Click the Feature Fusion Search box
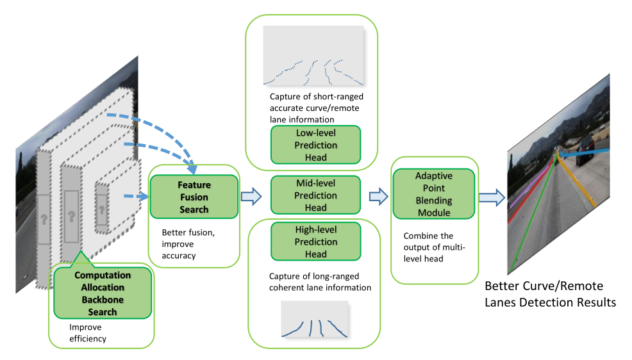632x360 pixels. (x=194, y=197)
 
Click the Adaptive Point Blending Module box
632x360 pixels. (x=433, y=193)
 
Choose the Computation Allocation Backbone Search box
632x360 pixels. (x=103, y=293)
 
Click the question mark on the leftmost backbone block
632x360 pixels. (x=44, y=219)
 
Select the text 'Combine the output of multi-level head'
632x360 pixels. (x=429, y=247)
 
